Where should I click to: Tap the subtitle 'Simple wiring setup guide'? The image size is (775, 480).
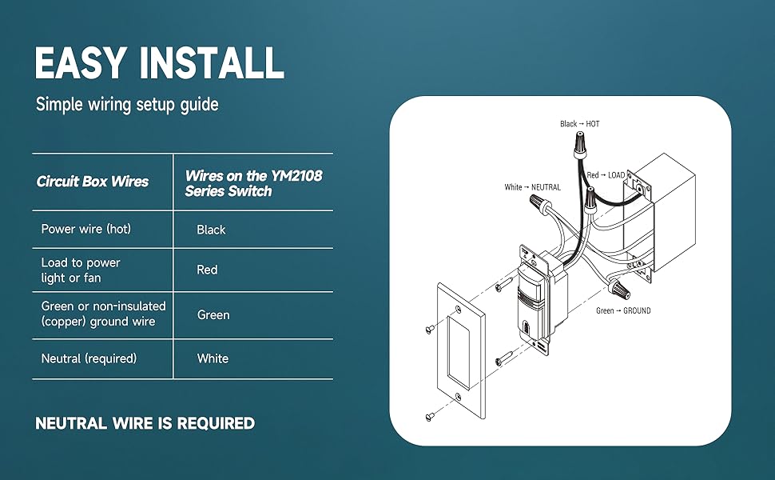(x=127, y=105)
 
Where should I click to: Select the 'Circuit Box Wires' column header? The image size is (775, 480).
(x=93, y=182)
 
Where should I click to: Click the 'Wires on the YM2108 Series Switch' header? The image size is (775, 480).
(x=253, y=183)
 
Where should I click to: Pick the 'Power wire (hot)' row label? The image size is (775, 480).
(x=85, y=230)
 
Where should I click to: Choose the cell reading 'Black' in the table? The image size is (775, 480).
(x=211, y=230)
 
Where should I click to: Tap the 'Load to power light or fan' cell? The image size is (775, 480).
(x=81, y=270)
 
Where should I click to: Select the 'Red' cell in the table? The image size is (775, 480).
(x=207, y=270)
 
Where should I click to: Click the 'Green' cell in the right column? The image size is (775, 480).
(x=213, y=315)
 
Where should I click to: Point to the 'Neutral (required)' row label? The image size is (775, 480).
(x=89, y=359)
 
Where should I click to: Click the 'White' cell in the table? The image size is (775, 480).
(x=213, y=359)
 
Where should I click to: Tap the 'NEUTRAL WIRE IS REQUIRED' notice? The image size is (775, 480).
(x=145, y=423)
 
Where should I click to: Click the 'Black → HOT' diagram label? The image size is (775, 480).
(x=579, y=124)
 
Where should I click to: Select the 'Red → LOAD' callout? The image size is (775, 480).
(x=606, y=175)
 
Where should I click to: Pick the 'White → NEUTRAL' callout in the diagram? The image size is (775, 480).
(x=532, y=187)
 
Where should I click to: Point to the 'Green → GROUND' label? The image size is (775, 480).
(x=623, y=310)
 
